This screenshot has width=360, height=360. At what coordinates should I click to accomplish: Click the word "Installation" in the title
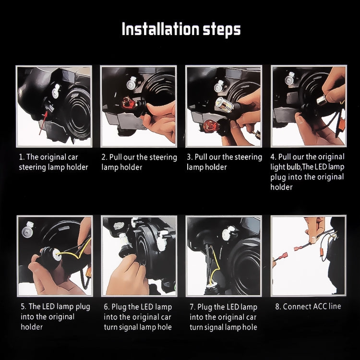pyautogui.click(x=160, y=29)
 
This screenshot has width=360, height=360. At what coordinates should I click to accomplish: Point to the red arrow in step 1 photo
pyautogui.click(x=43, y=122)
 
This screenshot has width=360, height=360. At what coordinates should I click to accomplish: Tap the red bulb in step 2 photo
pyautogui.click(x=129, y=103)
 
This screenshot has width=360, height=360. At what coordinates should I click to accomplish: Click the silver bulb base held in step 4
pyautogui.click(x=322, y=100)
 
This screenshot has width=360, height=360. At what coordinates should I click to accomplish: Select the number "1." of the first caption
pyautogui.click(x=22, y=157)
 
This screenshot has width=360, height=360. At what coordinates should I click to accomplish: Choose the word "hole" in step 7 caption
pyautogui.click(x=250, y=327)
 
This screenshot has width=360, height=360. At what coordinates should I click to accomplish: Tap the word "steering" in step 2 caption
pyautogui.click(x=163, y=157)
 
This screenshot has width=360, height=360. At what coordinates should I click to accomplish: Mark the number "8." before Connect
pyautogui.click(x=278, y=307)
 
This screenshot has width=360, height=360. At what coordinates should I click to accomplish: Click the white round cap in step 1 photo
pyautogui.click(x=56, y=91)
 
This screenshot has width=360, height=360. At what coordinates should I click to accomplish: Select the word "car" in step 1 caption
pyautogui.click(x=73, y=157)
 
